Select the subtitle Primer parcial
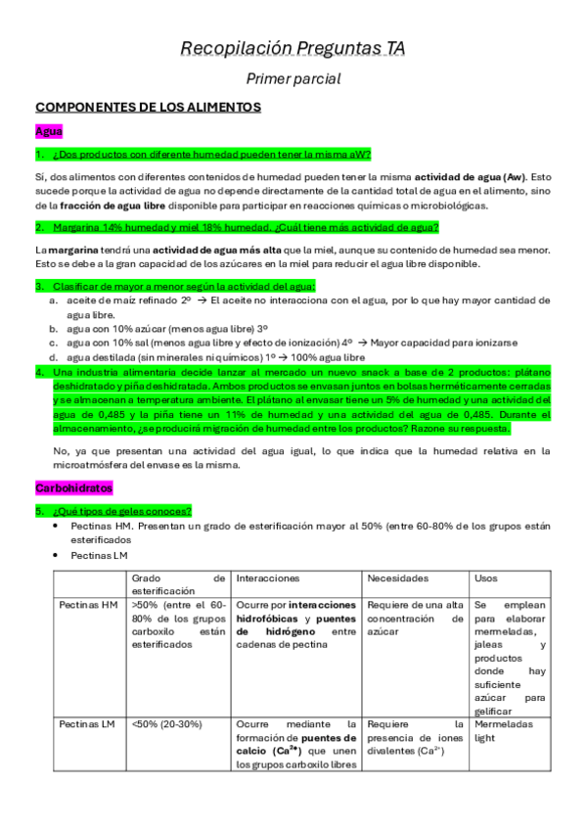pyautogui.click(x=293, y=79)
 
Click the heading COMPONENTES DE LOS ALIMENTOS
pyautogui.click(x=148, y=107)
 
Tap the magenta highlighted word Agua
pyautogui.click(x=49, y=131)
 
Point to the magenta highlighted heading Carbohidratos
pyautogui.click(x=74, y=487)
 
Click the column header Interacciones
pyautogui.click(x=269, y=579)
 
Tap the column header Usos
pyautogui.click(x=485, y=579)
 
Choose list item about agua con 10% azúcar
pyautogui.click(x=166, y=329)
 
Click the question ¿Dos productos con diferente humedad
pyautogui.click(x=212, y=155)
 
